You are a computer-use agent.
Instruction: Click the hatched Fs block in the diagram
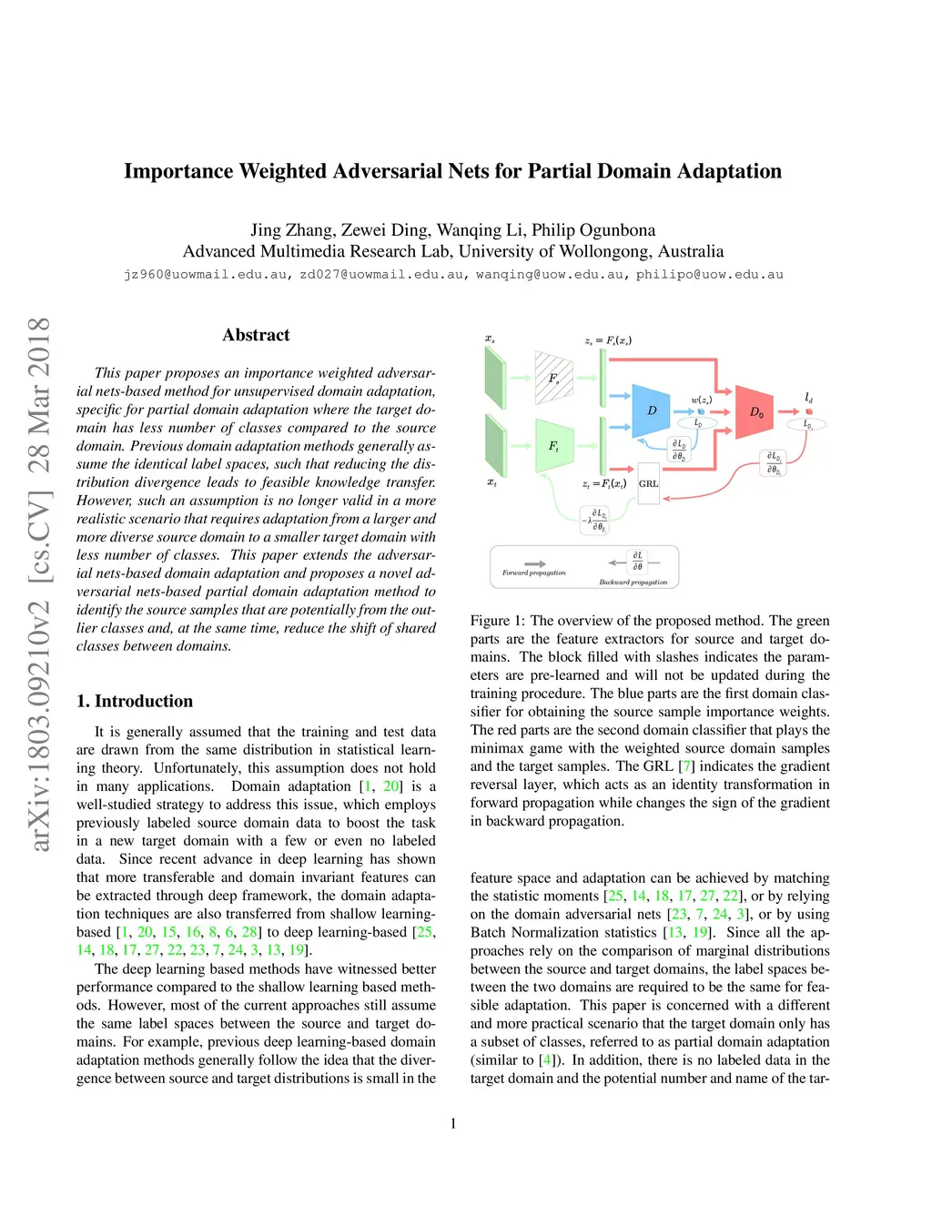point(553,378)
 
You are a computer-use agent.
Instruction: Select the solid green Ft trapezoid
point(554,446)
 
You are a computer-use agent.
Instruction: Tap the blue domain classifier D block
point(651,410)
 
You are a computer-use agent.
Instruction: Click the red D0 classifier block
point(755,411)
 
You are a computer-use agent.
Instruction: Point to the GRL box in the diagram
point(649,483)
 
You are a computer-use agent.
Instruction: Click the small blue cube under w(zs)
point(701,411)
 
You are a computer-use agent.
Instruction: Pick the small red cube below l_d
point(809,411)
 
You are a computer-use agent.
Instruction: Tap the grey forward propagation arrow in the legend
point(534,563)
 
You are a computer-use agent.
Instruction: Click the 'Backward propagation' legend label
point(633,583)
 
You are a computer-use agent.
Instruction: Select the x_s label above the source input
point(490,338)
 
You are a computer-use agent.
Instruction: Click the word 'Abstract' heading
point(256,335)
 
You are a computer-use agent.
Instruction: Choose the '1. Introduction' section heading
point(135,701)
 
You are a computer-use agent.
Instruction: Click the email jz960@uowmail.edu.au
point(206,274)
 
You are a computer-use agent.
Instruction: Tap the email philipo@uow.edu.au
point(710,274)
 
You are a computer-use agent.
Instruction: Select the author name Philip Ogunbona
point(593,229)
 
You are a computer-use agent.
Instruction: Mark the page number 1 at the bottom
point(453,1123)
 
